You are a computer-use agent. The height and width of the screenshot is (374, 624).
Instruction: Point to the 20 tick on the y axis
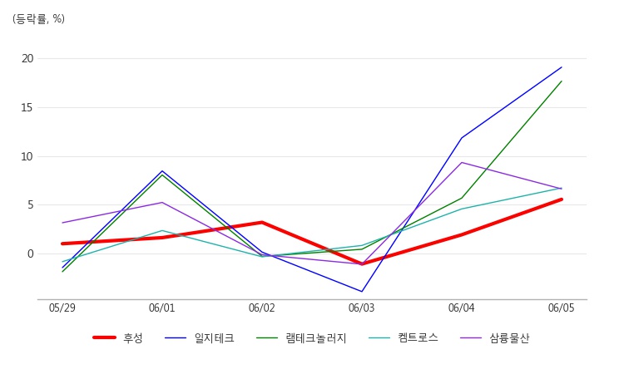click(27, 59)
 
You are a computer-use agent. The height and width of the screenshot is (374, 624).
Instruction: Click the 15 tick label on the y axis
click(27, 107)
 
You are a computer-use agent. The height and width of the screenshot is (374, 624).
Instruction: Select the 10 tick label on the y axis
click(27, 156)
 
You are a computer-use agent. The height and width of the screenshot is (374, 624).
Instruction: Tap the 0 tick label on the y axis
click(30, 253)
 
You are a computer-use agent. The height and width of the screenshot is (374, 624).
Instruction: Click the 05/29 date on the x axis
click(62, 308)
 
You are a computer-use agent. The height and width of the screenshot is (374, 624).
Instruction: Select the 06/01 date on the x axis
click(162, 308)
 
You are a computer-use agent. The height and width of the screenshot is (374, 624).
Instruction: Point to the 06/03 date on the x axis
click(362, 308)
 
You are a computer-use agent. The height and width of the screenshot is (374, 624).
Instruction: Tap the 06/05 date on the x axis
click(562, 308)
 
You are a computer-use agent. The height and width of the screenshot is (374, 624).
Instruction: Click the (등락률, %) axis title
click(38, 19)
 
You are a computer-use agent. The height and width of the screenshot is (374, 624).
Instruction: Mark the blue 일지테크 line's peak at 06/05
click(562, 67)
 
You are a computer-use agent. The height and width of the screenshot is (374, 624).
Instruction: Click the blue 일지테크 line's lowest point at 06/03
click(362, 291)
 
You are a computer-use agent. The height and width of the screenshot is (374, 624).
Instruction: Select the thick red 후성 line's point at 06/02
click(262, 222)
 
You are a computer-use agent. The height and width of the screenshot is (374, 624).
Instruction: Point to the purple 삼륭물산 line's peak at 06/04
click(462, 162)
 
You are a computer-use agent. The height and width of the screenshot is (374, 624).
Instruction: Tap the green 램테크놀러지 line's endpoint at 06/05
click(562, 81)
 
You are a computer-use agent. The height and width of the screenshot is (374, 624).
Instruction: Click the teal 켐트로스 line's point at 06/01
click(162, 230)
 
